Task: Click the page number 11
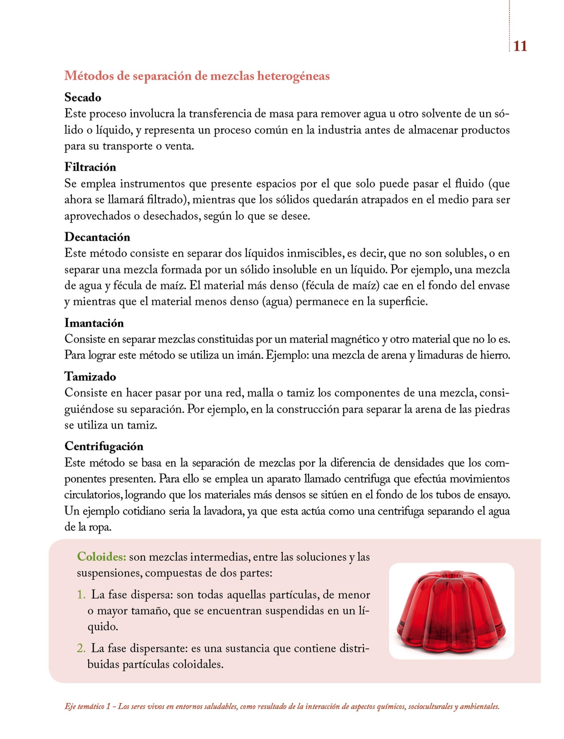(520, 46)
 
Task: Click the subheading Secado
(83, 97)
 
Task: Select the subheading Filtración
(90, 167)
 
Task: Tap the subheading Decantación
(97, 237)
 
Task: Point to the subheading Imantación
(94, 323)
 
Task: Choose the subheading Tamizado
(90, 376)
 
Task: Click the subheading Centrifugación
(104, 446)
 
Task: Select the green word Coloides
(101, 556)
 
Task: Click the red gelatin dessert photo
(451, 610)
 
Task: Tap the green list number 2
(81, 648)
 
